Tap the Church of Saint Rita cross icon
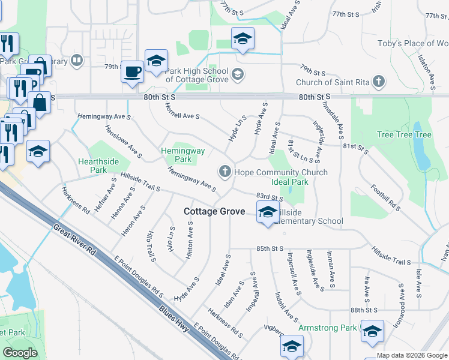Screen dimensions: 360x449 (378, 82)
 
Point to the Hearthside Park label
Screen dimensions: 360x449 (92, 166)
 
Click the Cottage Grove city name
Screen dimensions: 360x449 (214, 211)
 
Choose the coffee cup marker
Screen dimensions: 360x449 (132, 72)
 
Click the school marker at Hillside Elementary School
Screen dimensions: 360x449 (268, 212)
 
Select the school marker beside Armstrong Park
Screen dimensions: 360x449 (372, 331)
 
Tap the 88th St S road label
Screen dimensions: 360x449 (364, 310)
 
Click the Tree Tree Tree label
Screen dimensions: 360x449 (404, 134)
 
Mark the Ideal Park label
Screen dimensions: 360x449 (290, 182)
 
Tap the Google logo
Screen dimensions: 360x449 (20, 353)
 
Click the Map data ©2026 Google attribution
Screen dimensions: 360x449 (412, 355)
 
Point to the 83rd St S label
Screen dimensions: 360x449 (269, 196)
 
